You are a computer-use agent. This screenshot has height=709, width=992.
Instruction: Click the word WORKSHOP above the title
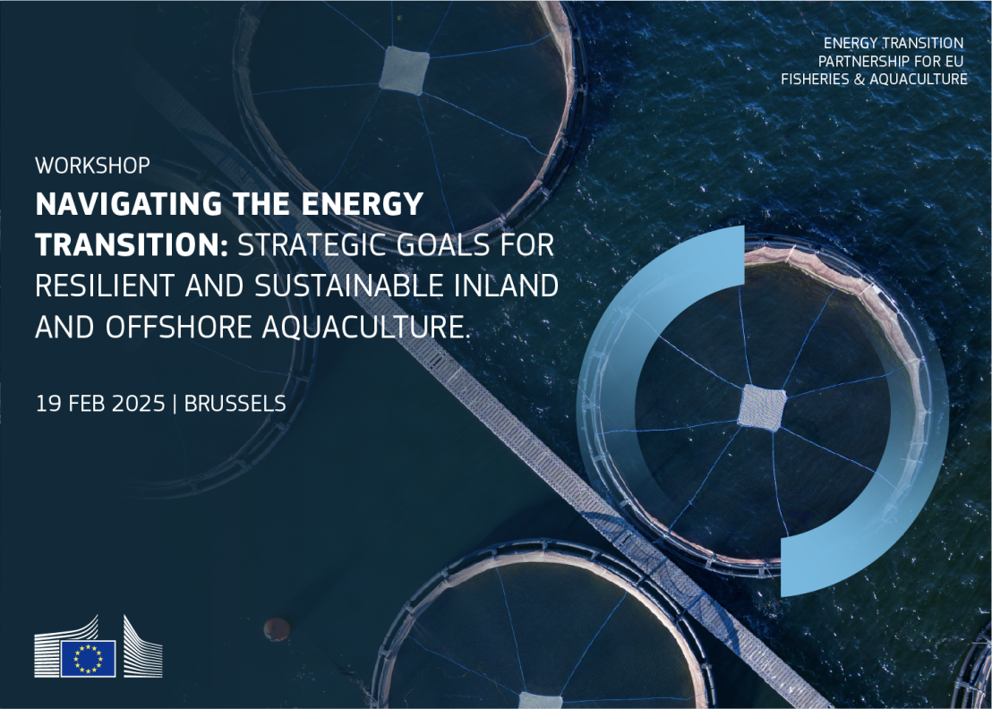[x=93, y=166]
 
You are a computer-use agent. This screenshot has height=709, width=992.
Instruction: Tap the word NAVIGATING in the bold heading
[x=129, y=204]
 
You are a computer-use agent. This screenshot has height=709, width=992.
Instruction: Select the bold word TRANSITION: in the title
[x=132, y=244]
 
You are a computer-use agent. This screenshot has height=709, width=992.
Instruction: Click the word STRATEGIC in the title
[x=311, y=244]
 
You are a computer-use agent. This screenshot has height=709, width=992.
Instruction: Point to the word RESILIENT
[x=105, y=286]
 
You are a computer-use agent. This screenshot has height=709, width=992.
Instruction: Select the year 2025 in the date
[x=136, y=404]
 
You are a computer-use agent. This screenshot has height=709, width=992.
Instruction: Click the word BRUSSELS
[x=235, y=404]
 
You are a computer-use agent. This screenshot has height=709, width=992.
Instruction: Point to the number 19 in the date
[x=47, y=404]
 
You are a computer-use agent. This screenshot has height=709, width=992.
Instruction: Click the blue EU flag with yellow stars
[x=88, y=658]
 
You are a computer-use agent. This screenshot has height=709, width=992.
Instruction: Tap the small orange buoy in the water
[x=277, y=629]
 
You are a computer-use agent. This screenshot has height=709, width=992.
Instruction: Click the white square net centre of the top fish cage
[x=404, y=70]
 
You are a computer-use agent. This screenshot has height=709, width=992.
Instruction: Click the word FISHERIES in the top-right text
[x=814, y=79]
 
